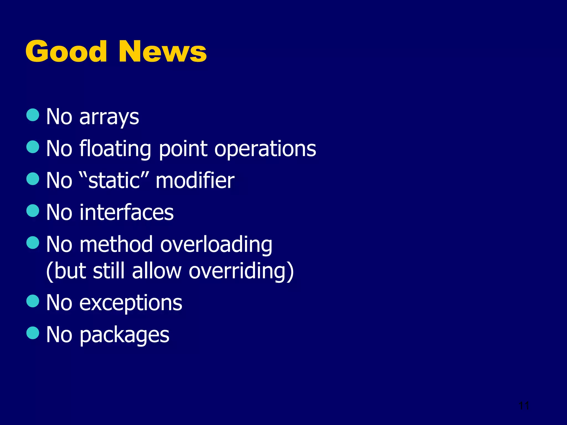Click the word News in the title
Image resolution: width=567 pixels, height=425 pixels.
coord(163,51)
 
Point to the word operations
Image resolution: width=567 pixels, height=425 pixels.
coord(265,149)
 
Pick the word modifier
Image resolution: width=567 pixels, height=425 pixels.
coord(195,181)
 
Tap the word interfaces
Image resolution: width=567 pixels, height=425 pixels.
coord(127,212)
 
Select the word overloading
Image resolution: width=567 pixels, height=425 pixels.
coord(216,244)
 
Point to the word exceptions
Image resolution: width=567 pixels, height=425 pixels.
coord(131,303)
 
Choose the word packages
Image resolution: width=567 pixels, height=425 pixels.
coord(124,335)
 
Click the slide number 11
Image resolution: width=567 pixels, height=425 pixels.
coord(524,406)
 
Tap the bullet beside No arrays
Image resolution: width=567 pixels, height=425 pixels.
coord(33,115)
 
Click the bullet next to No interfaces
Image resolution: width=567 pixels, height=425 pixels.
coord(33,211)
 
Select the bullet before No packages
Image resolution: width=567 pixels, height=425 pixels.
coord(33,333)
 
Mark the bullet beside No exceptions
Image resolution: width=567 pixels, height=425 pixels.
coord(33,301)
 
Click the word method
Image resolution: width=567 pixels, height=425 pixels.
coord(116,244)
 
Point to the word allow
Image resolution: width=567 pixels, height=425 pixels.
coord(157,271)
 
